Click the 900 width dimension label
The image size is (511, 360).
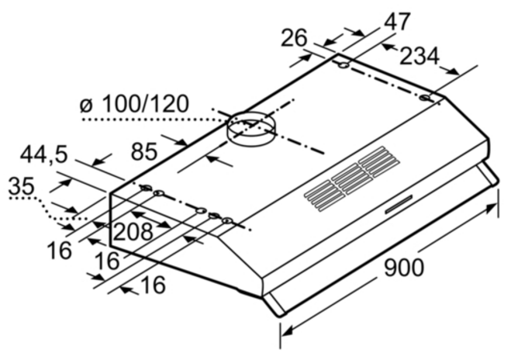404,268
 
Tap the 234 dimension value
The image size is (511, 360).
419,56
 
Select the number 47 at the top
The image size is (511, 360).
396,22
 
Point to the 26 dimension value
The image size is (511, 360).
294,38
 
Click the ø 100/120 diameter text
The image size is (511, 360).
134,104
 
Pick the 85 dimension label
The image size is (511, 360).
143,151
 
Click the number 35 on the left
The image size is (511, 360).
21,186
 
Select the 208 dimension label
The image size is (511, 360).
133,231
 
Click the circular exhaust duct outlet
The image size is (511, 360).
251,128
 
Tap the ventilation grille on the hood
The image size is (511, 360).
352,178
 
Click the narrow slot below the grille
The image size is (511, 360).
399,205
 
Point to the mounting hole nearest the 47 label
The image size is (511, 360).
344,65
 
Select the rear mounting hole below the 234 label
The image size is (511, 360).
425,98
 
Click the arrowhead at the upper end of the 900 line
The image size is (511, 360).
492,208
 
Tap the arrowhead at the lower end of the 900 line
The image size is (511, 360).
287,331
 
